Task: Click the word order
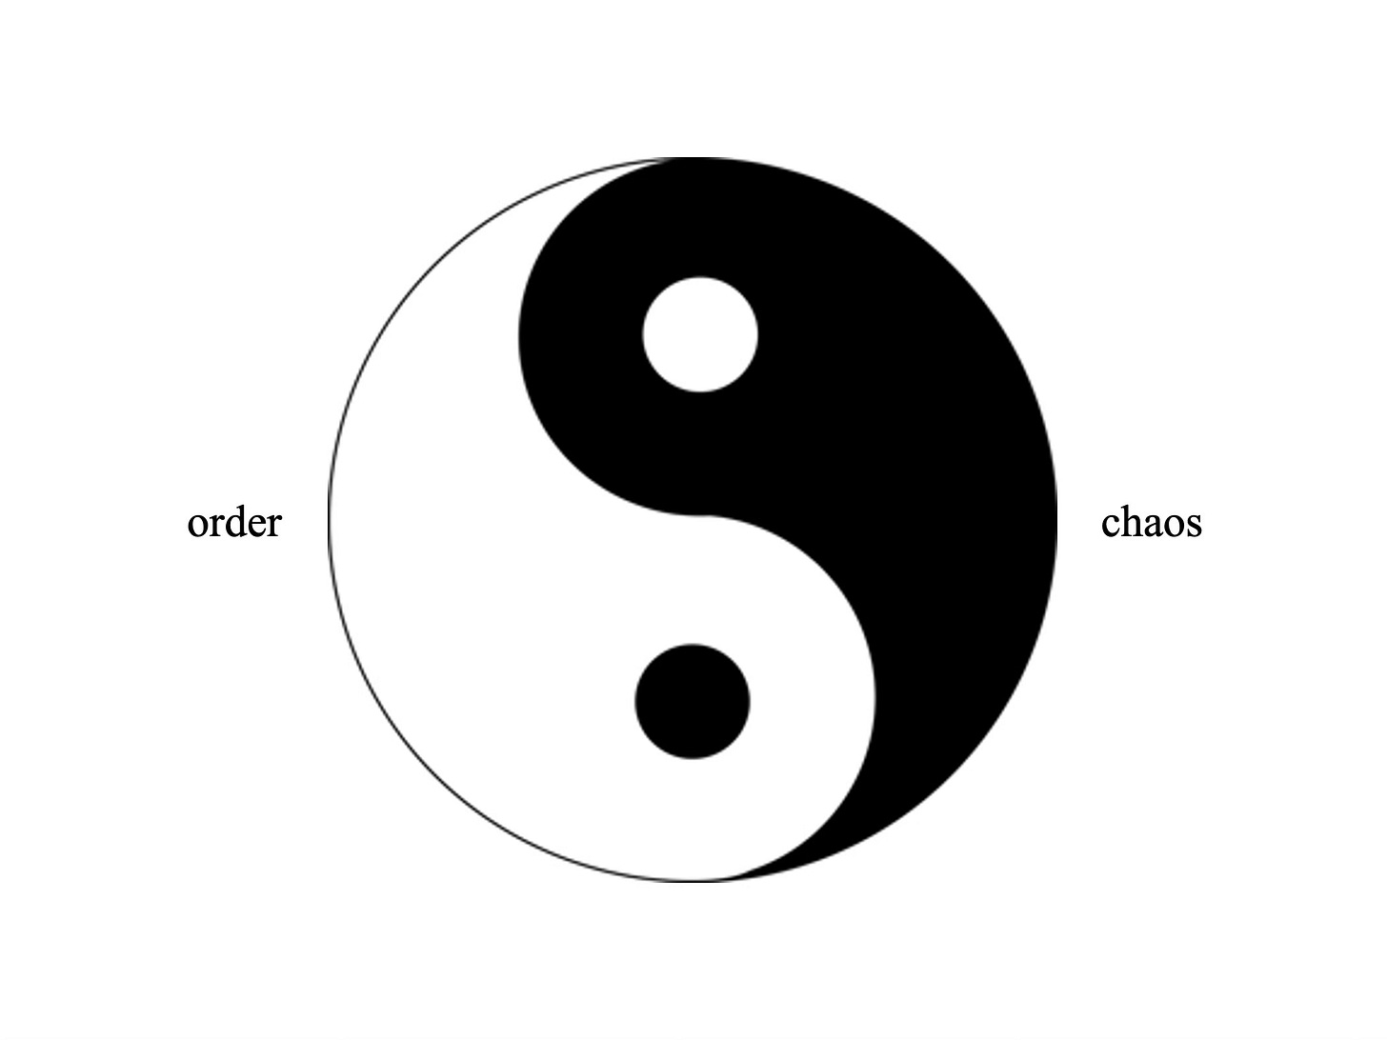[x=234, y=523]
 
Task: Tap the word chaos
[x=1151, y=523]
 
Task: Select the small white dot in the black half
[x=700, y=334]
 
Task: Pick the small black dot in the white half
[x=693, y=702]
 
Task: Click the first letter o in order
[x=198, y=525]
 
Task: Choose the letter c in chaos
[x=1111, y=525]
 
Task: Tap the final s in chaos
[x=1193, y=525]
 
